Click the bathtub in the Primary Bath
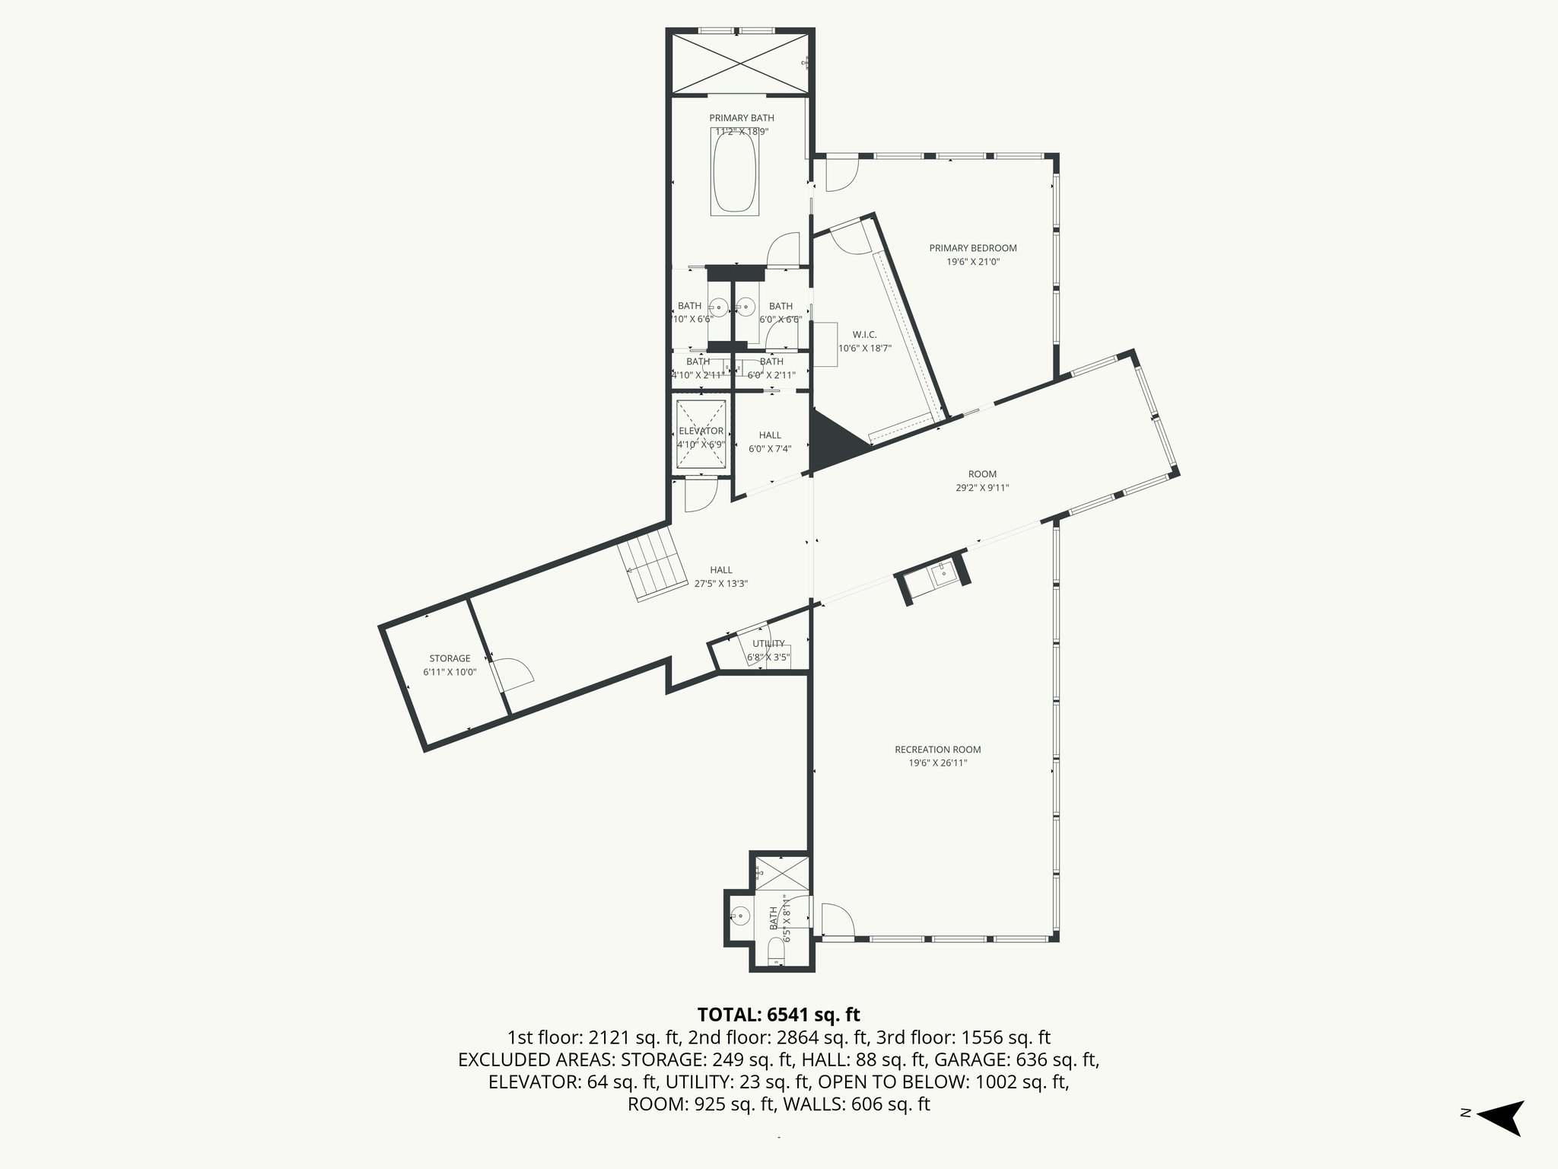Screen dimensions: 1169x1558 [x=734, y=171]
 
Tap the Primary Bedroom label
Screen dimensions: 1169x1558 [x=972, y=248]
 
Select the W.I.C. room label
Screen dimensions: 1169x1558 [x=864, y=335]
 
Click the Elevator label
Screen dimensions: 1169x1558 [x=701, y=431]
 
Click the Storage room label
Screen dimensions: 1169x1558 [x=450, y=658]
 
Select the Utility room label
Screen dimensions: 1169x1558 [x=768, y=644]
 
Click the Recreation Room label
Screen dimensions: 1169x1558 [x=937, y=750]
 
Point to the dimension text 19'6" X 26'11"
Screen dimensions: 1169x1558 [x=937, y=763]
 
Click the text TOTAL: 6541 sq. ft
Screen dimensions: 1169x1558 [x=778, y=1015]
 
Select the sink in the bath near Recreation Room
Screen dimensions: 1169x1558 [x=738, y=916]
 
